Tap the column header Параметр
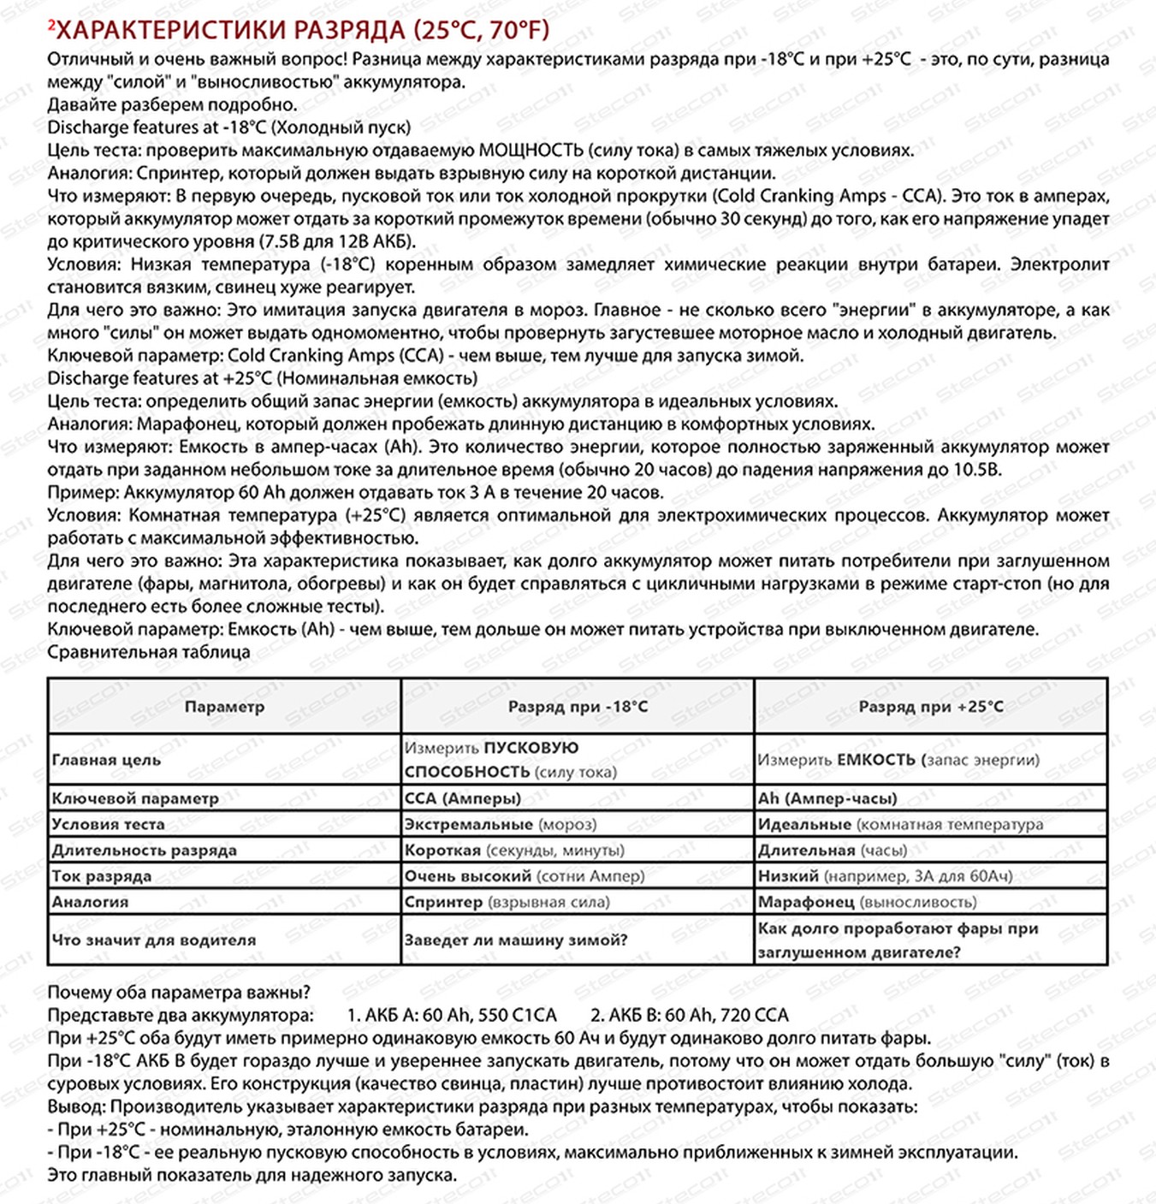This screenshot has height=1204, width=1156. coord(224,707)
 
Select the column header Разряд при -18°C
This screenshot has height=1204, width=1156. coord(578,707)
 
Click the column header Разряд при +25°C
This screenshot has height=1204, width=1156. coord(930,707)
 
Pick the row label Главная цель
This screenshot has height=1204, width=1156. coord(106,760)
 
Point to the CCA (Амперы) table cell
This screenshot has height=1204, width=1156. coord(463,798)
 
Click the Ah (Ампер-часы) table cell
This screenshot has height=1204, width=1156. coord(827,798)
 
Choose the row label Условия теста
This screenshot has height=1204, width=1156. coord(108,824)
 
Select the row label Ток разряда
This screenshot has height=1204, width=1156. coord(101,875)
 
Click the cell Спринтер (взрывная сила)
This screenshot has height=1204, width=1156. coord(507,902)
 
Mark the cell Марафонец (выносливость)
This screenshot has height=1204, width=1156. coord(867,902)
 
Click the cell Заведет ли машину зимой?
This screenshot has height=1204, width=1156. coord(516,940)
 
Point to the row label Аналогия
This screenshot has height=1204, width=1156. coord(90,902)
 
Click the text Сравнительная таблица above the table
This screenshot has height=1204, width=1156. coord(149,652)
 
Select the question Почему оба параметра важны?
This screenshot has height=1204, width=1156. coord(179,993)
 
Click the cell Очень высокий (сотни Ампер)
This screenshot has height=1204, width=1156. coord(525,875)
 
